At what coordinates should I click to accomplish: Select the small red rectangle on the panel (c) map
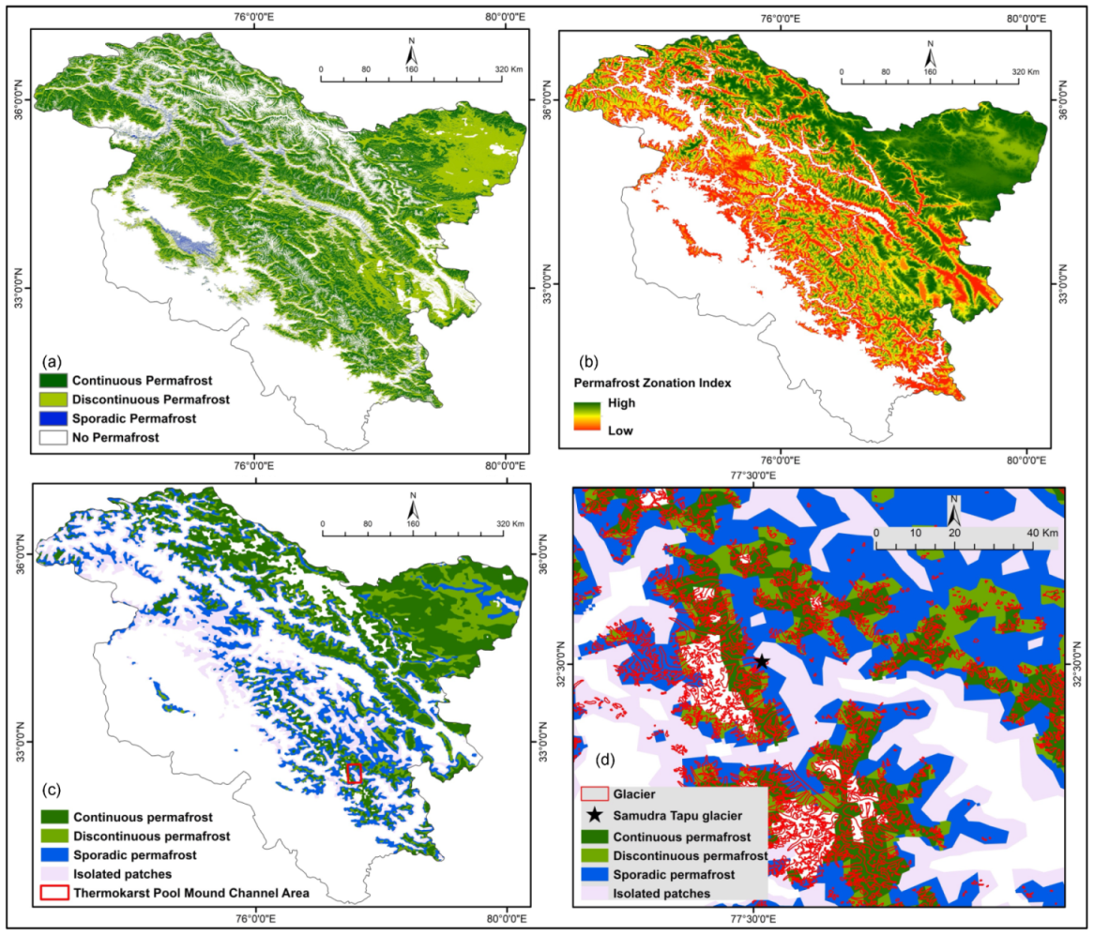click(x=354, y=773)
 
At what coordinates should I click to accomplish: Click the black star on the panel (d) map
click(x=762, y=662)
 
